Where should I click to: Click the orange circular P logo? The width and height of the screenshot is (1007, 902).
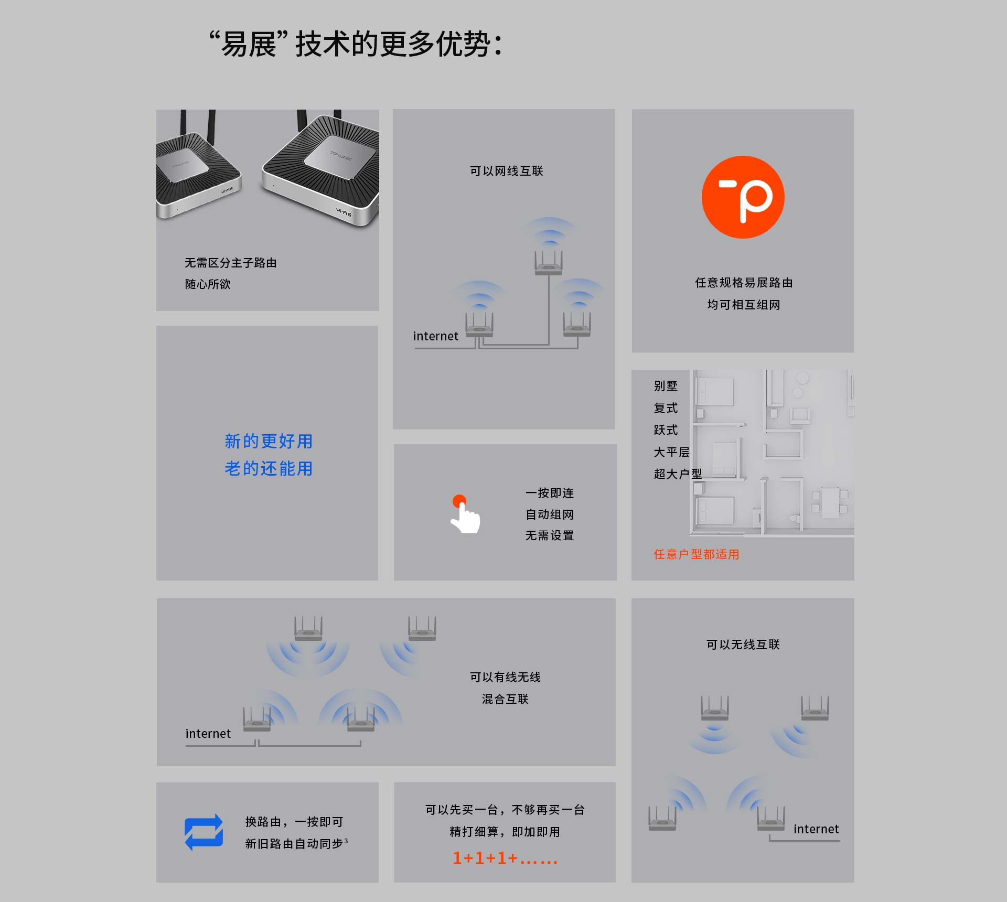point(743,197)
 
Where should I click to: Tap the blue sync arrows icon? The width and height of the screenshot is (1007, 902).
point(204,832)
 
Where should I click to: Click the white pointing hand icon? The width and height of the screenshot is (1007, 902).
point(465,515)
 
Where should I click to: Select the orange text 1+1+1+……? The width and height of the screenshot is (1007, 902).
point(505,858)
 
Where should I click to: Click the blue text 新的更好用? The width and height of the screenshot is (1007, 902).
point(269,441)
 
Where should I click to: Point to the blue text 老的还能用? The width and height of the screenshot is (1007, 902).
point(269,468)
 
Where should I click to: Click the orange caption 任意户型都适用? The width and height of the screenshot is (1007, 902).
point(696,554)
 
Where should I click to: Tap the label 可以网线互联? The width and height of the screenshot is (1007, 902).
point(506,171)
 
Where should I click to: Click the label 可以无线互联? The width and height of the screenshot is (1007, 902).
point(743,645)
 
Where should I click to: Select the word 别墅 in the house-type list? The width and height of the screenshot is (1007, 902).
point(666,386)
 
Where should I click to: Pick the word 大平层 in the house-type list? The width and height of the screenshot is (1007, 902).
point(671,452)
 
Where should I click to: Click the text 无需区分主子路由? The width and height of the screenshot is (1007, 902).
point(230,263)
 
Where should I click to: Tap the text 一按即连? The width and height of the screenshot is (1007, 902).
point(550,493)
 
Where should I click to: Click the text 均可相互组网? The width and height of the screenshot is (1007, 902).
point(743,305)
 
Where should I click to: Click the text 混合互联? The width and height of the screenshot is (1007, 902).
point(505,699)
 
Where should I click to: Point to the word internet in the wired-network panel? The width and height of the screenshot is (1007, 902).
point(435,336)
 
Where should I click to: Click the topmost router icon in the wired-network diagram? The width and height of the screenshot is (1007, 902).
point(549,262)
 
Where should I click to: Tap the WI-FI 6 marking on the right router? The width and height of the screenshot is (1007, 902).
point(344,212)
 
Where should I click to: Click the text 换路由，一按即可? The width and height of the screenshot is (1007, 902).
point(294,822)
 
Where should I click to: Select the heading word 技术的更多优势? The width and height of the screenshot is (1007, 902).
point(399,44)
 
